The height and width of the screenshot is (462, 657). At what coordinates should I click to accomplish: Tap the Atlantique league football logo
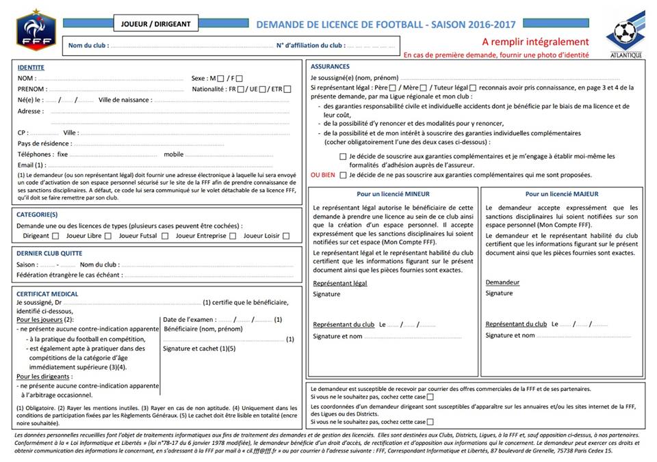coord(626,33)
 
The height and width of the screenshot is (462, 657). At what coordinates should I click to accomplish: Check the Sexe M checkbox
coord(220,79)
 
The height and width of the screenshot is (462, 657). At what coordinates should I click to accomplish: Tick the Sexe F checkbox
coord(239,79)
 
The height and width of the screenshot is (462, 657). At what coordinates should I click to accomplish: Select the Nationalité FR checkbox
coord(242,90)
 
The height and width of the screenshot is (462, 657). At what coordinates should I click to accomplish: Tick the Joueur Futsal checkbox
coord(166,236)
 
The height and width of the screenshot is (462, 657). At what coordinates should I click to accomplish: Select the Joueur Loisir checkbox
coord(286,236)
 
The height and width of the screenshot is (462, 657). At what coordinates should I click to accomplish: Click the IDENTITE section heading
coord(31,68)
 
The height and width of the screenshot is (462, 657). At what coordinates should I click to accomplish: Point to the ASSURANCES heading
coord(330,67)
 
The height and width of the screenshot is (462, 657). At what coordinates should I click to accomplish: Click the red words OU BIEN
coord(323,175)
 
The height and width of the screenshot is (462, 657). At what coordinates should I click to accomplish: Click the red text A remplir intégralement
coord(535,42)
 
